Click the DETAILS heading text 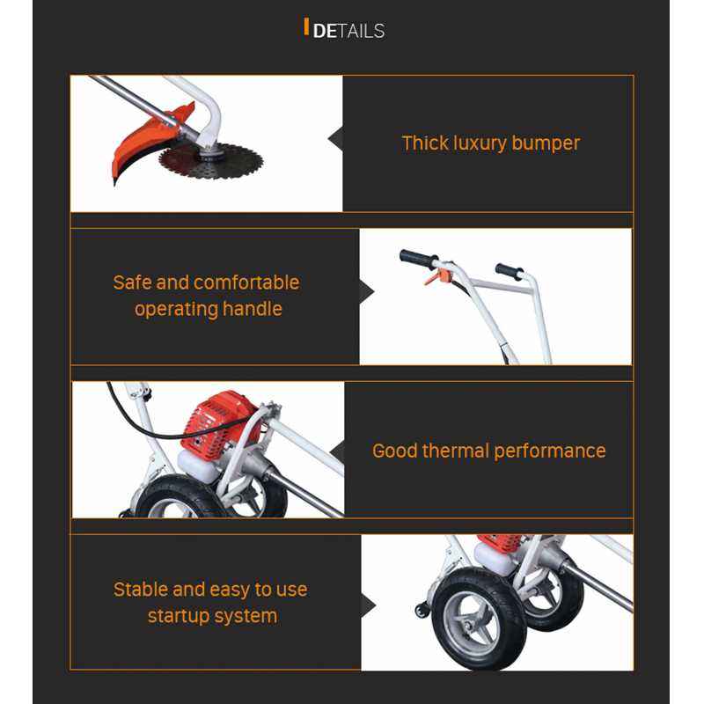pos(348,31)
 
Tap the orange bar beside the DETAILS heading pos(306,27)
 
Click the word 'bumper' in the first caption pos(546,143)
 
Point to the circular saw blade pos(211,161)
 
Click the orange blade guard pos(143,143)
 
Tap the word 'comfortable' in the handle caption pos(246,282)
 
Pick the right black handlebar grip pos(510,271)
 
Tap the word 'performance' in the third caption pos(549,451)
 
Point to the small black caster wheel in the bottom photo pos(422,611)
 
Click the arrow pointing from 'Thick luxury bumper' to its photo pos(336,139)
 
